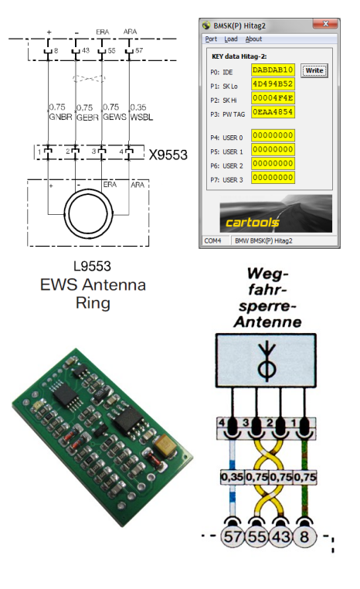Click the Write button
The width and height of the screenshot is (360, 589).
coord(314,70)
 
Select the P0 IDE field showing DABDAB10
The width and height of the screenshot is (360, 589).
coord(273,70)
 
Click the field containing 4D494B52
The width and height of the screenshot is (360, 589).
coord(273,83)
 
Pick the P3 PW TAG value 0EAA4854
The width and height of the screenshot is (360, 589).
coord(273,112)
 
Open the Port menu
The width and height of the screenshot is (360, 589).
coord(211,39)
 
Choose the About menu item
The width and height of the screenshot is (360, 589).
coord(253,39)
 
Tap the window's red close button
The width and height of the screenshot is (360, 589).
coord(325,24)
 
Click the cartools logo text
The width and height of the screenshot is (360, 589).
coord(253,223)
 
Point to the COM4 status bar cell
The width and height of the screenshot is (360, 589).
coord(212,241)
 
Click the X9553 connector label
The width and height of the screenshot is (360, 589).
coord(168,155)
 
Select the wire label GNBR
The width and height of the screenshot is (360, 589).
coord(60,117)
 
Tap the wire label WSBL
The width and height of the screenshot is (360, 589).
coord(141,117)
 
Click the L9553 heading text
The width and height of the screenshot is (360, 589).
coord(93,267)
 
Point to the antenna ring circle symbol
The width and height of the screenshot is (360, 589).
coord(65,214)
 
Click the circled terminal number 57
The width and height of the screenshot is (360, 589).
coord(233,536)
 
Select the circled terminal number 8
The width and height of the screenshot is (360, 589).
coord(304,536)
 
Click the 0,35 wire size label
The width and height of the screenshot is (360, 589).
coord(232,477)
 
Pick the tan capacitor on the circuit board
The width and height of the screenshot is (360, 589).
coord(165,445)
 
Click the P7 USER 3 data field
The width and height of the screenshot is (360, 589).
coord(273,178)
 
